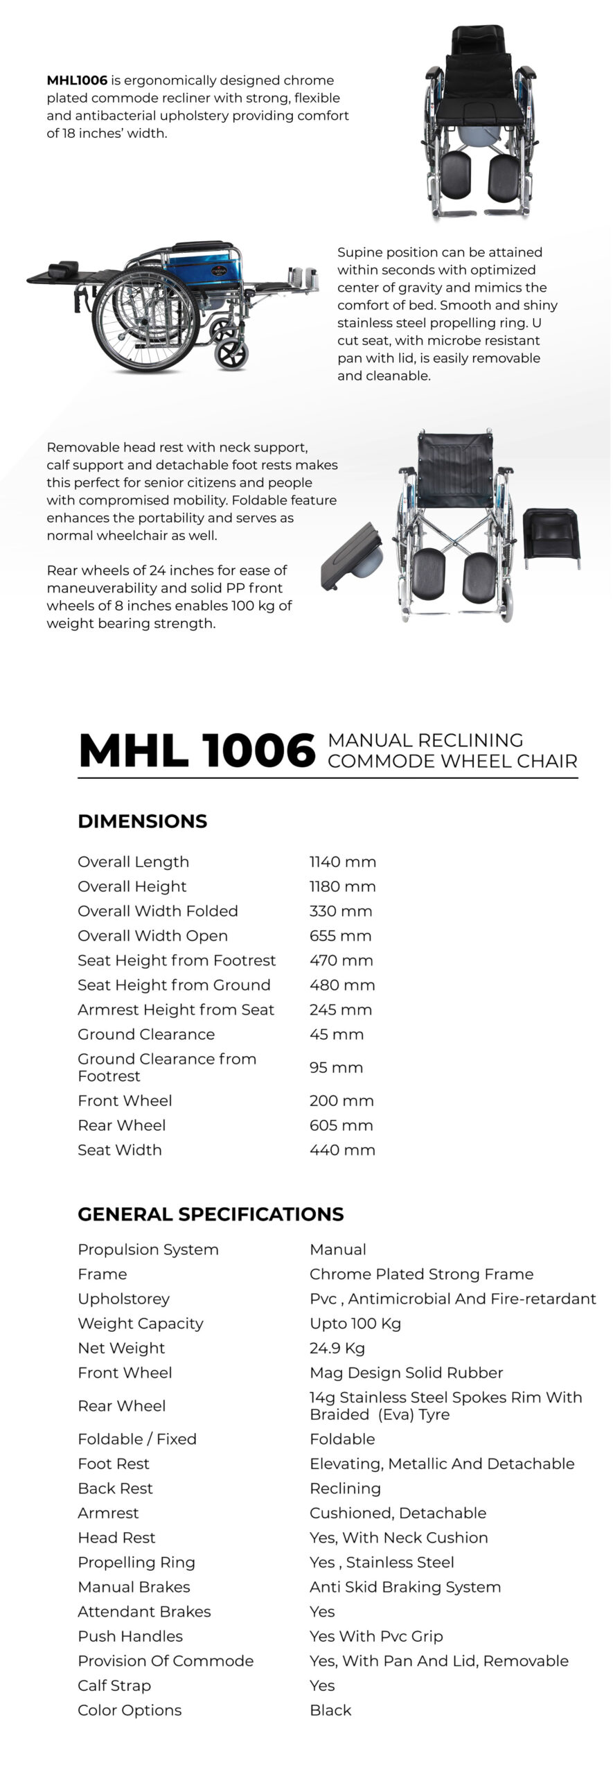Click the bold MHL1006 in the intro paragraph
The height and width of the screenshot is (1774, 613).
(x=77, y=80)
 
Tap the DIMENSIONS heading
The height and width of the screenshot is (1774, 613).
(x=142, y=821)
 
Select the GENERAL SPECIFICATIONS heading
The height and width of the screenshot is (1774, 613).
(x=211, y=1214)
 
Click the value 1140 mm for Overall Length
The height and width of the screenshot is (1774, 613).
(x=342, y=862)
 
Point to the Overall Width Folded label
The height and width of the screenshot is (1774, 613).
(x=157, y=911)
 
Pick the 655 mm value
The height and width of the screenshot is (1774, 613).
(x=340, y=936)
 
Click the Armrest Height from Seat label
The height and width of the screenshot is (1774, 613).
(x=176, y=1010)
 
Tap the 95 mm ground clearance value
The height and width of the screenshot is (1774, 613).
(x=336, y=1068)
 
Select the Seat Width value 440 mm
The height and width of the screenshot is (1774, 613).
(x=342, y=1150)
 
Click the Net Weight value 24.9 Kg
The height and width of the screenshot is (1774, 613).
(x=337, y=1349)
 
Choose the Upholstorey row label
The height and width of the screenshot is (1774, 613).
(x=123, y=1299)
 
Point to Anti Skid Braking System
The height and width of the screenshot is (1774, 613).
(x=405, y=1587)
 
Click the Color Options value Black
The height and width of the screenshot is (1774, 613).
(x=330, y=1710)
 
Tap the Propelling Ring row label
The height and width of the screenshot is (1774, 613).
(x=136, y=1563)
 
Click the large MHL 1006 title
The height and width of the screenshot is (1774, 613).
(x=197, y=751)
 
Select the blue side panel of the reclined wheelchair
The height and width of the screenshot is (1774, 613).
(x=201, y=270)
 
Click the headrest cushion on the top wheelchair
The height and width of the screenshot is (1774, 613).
(x=477, y=39)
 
